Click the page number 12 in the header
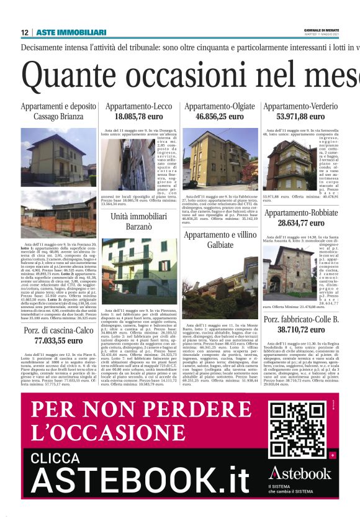[x=24, y=32]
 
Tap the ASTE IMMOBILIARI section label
[x=71, y=32]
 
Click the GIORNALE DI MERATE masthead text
[x=337, y=30]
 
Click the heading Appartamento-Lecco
[x=138, y=107]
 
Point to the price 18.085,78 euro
[x=138, y=116]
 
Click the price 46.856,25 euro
[x=219, y=116]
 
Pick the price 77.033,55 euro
[x=58, y=341]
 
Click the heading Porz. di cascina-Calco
[x=58, y=330]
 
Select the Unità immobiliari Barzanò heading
[x=138, y=222]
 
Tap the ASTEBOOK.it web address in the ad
[x=139, y=482]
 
